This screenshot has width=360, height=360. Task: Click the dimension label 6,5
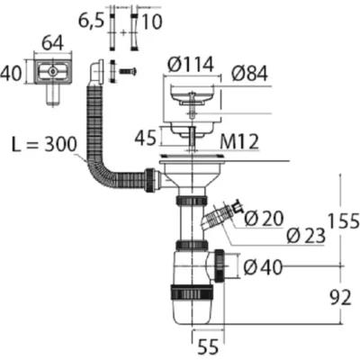point(91,22)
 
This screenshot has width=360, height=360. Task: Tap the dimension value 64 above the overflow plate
point(52,44)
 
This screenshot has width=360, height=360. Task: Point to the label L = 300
point(44,144)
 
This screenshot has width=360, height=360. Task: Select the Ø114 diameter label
point(191,64)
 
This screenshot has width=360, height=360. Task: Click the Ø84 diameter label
point(249,74)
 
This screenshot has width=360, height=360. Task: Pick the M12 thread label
point(239,142)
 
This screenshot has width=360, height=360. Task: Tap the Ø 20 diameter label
point(264,218)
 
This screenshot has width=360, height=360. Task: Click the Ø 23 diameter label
point(306,235)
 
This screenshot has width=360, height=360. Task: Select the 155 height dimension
point(344,221)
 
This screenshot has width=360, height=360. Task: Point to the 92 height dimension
point(340,298)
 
